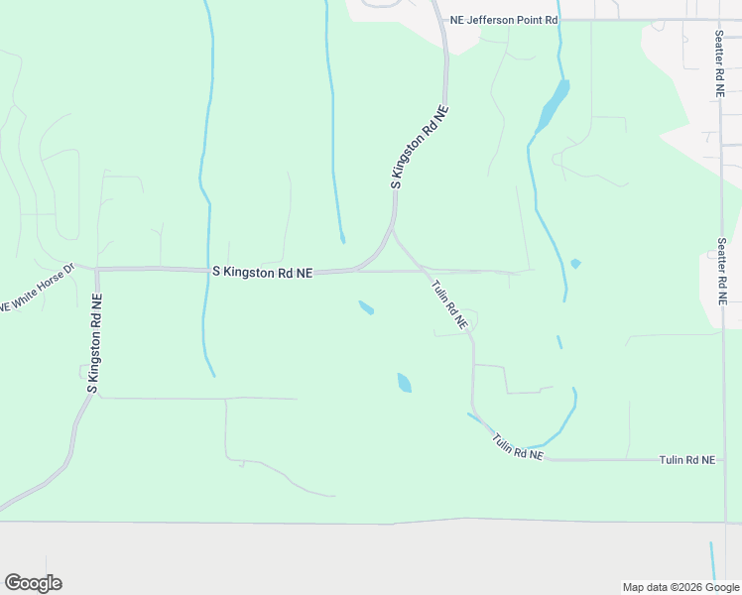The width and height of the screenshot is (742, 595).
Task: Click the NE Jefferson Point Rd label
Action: tap(504, 20)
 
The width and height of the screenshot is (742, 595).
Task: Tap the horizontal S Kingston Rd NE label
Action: tap(262, 271)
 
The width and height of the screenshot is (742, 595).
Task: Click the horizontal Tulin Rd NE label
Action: tap(686, 460)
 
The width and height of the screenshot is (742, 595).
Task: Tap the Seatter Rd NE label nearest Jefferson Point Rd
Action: tap(720, 62)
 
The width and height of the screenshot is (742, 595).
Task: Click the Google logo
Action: tap(33, 582)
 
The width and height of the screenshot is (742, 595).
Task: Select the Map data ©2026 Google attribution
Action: tap(680, 587)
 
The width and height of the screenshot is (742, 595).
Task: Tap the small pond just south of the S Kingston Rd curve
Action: tap(366, 307)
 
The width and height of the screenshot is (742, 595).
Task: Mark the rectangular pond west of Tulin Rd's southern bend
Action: tap(404, 382)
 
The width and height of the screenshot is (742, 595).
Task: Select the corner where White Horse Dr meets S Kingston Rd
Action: tap(95, 269)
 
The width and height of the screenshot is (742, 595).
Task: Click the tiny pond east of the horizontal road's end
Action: tap(575, 264)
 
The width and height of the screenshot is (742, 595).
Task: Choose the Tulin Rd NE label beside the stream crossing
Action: tap(518, 446)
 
